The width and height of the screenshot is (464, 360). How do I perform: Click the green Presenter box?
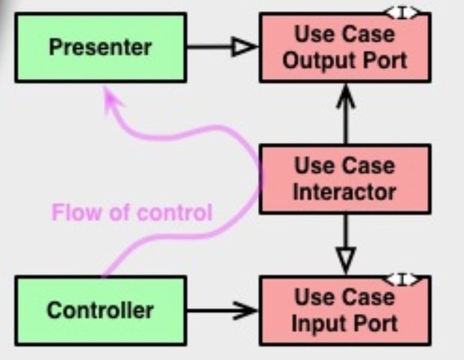[x=100, y=48]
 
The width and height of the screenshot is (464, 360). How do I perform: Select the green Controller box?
[x=100, y=309]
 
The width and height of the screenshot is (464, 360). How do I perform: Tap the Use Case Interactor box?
[x=344, y=179]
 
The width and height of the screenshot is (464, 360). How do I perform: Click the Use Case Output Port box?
[x=344, y=48]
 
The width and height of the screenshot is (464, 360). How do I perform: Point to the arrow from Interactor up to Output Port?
[x=345, y=113]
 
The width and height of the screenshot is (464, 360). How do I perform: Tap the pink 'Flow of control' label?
[x=132, y=213]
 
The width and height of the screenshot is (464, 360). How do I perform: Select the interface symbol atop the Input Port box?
[x=403, y=280]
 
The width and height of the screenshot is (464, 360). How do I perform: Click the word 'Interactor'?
[x=344, y=192]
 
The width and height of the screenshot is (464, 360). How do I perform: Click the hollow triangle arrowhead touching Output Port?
[x=247, y=48]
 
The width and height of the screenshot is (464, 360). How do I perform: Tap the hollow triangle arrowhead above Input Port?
[x=345, y=261]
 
